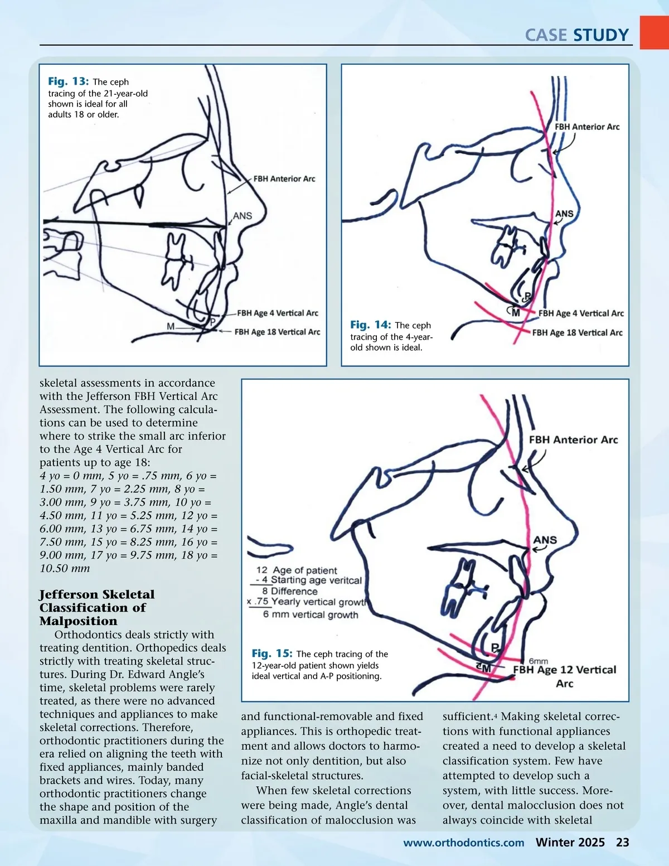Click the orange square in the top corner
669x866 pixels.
point(654,32)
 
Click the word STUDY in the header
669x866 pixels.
point(601,35)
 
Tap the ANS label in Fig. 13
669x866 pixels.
point(243,216)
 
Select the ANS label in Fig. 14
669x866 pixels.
point(564,214)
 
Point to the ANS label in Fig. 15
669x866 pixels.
point(545,540)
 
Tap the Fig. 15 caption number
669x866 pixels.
point(272,653)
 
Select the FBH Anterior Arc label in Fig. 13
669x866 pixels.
point(284,179)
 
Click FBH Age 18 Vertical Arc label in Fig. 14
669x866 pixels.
point(577,333)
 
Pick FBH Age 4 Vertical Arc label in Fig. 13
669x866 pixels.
point(278,313)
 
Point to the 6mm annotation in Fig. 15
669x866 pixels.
point(538,661)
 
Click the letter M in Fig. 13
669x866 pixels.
point(171,327)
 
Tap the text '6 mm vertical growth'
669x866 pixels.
point(311,615)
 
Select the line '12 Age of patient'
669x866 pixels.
point(297,570)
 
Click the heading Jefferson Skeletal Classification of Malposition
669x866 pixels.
point(97,607)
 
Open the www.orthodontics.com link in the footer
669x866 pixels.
point(463,843)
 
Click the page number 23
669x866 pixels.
point(622,842)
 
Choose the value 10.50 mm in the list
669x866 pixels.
point(65,568)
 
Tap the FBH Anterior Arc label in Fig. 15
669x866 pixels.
point(573,440)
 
